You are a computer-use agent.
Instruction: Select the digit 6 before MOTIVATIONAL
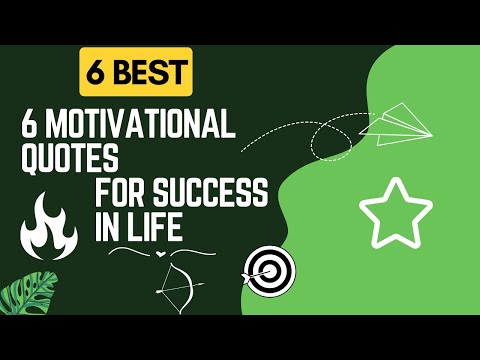click(x=31, y=127)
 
